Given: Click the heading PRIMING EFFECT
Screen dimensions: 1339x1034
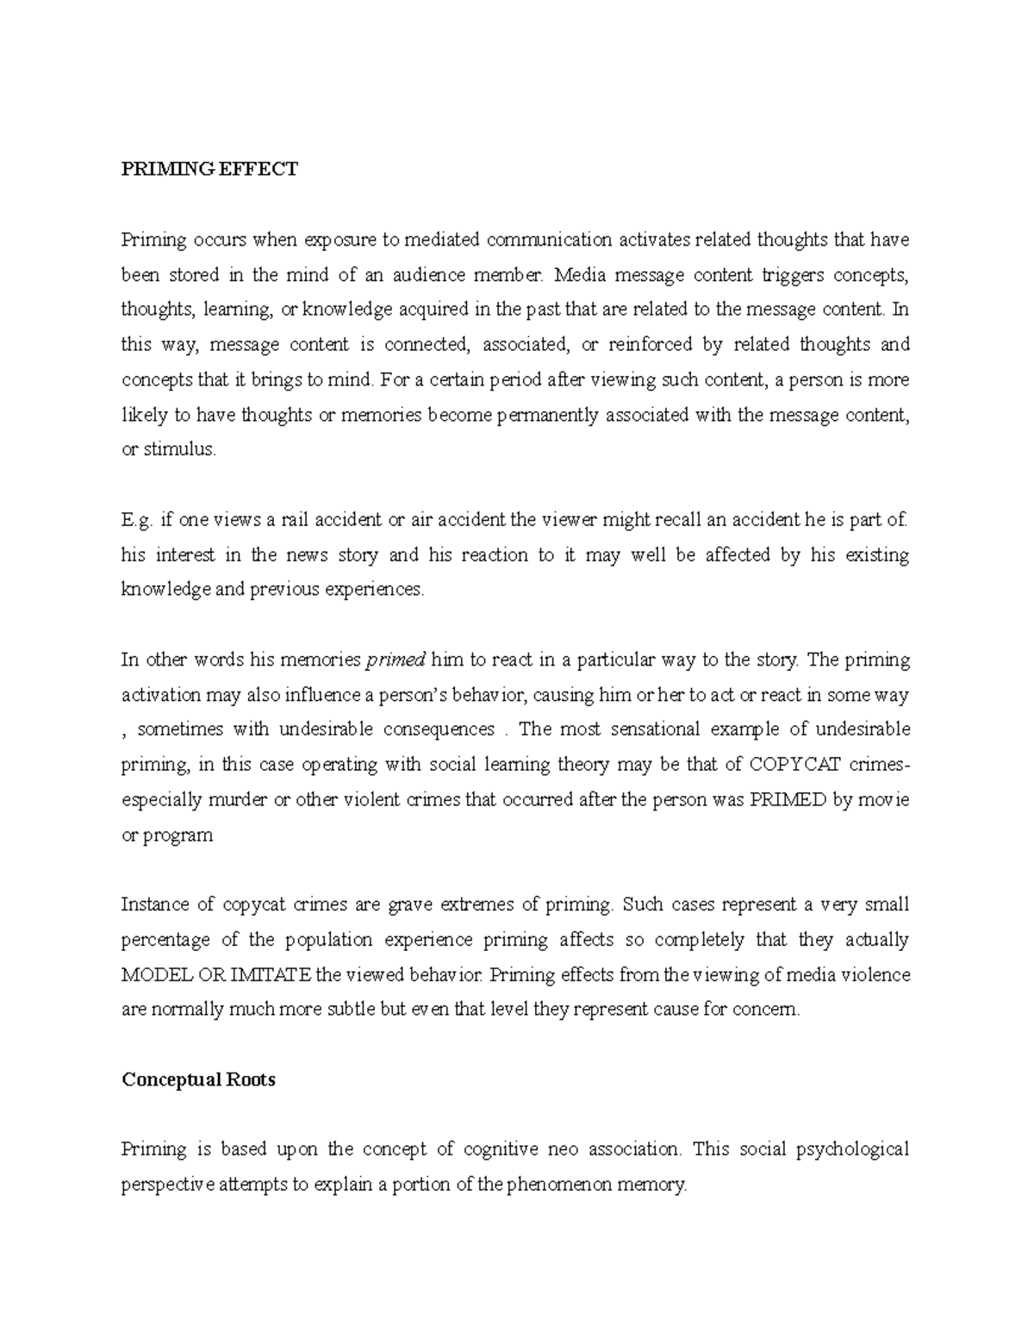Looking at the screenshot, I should [x=209, y=169].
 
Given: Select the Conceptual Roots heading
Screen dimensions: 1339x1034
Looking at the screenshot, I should [x=198, y=1079].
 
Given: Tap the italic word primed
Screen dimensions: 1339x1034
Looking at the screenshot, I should [x=396, y=660].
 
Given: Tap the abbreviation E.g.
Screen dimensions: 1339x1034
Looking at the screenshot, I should [x=137, y=521].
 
